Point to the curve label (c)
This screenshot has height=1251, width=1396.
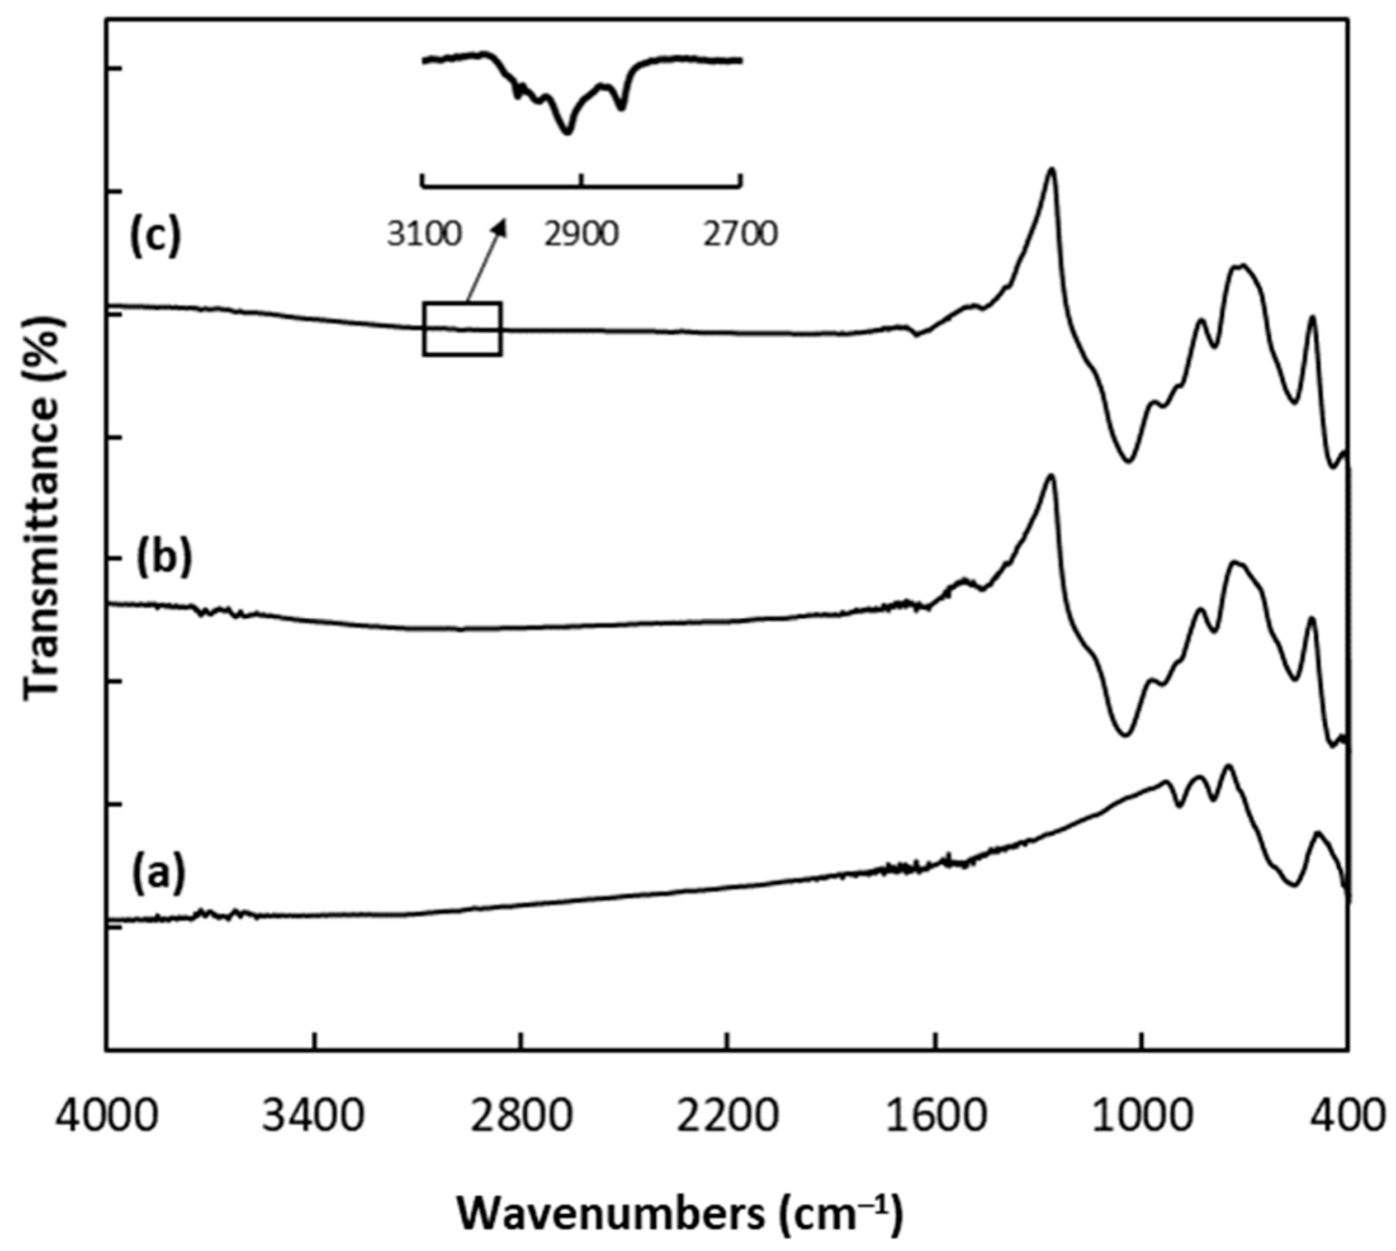tap(155, 236)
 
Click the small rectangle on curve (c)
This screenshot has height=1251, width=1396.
tap(462, 329)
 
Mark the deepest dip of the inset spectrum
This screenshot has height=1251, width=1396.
tap(566, 131)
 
